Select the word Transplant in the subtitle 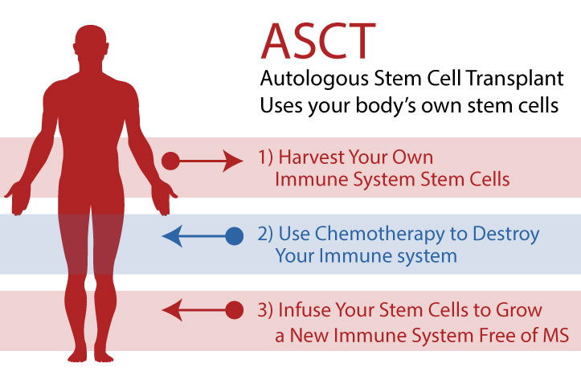click(x=518, y=80)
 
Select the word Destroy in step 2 click(x=509, y=235)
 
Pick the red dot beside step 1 click(x=170, y=161)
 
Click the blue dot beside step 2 click(x=235, y=236)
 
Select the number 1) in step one click(x=266, y=157)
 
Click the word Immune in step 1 click(x=302, y=180)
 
